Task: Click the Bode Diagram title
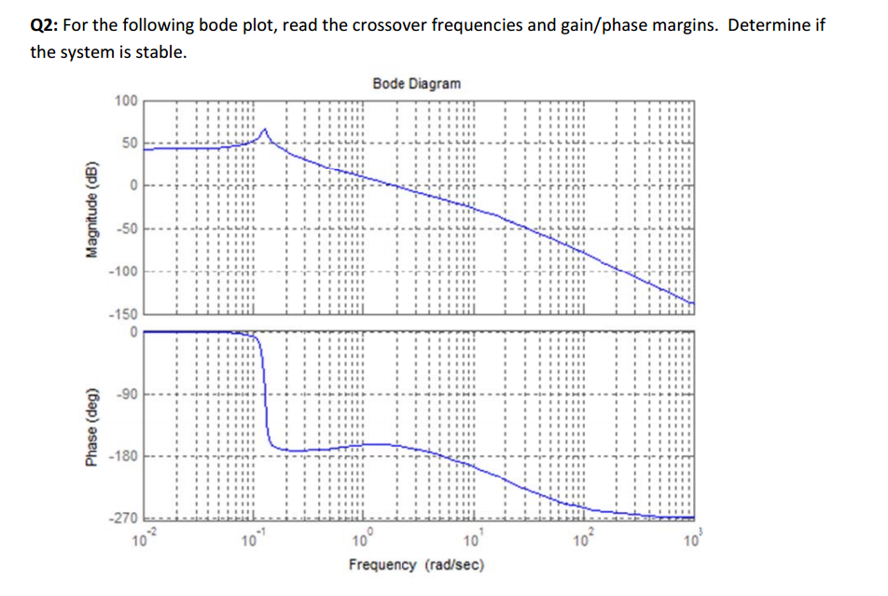416,84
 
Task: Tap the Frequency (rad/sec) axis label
416,565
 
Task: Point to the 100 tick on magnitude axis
126,101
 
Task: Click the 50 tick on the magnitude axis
130,143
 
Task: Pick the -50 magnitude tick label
126,229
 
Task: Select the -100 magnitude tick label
123,271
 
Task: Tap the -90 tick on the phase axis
128,395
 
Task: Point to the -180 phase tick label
124,456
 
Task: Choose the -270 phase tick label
124,520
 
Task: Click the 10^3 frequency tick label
690,538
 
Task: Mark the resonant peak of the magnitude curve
265,130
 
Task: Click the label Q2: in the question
46,24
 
